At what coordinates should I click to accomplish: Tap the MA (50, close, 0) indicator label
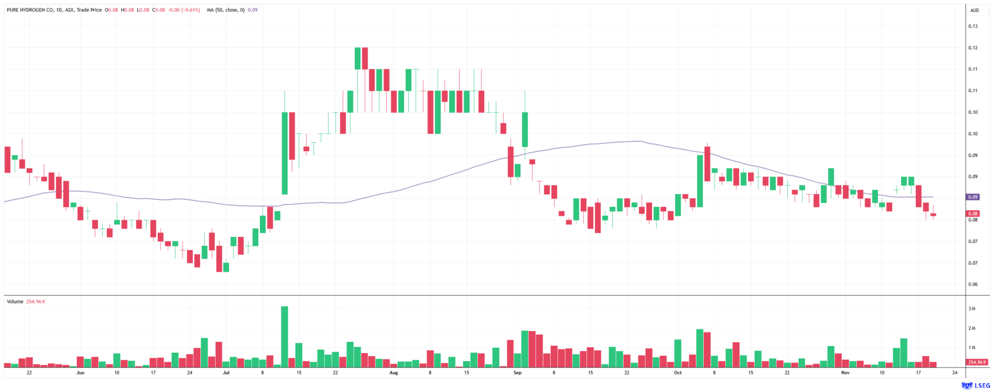[226, 10]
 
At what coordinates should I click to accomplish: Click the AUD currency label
[975, 10]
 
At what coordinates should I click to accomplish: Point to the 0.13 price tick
[973, 26]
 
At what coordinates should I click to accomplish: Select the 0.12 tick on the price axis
[973, 48]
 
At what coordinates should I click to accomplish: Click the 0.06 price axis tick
[973, 285]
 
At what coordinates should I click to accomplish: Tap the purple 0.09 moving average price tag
[973, 197]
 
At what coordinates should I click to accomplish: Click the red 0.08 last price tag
[973, 213]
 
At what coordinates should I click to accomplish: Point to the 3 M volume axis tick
[972, 309]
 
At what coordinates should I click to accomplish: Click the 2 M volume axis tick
[972, 328]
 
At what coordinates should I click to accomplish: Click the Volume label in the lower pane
[15, 301]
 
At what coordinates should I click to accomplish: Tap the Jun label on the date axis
[80, 373]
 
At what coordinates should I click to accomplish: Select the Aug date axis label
[394, 373]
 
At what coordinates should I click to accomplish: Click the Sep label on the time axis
[517, 373]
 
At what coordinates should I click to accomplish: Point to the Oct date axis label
[677, 373]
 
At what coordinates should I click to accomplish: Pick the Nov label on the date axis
[845, 373]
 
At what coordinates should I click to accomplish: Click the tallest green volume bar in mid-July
[284, 337]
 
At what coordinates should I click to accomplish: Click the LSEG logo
[976, 386]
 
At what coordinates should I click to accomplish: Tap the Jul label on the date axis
[226, 373]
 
